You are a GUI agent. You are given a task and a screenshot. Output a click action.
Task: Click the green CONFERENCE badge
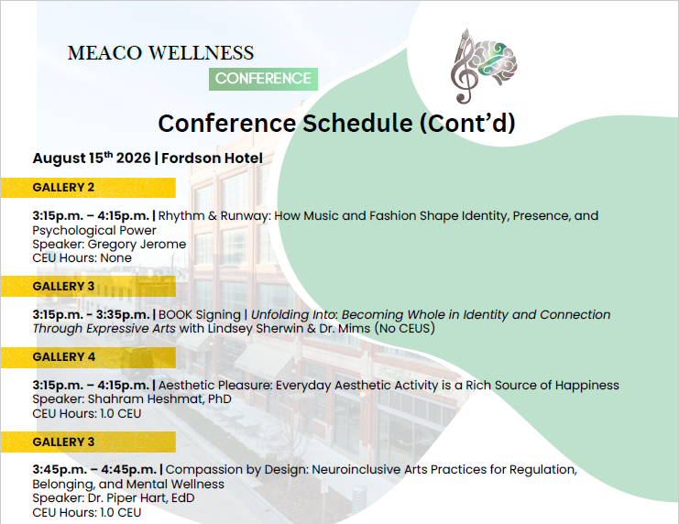[x=263, y=79]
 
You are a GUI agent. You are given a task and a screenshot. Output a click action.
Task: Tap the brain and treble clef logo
[x=484, y=66]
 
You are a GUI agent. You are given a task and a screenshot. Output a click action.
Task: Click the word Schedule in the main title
[x=357, y=123]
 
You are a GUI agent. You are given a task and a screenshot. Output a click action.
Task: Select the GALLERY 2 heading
[x=63, y=188]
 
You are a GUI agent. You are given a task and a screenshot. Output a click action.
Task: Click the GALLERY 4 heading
[x=63, y=357]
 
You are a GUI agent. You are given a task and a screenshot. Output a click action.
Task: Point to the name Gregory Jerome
[x=137, y=245]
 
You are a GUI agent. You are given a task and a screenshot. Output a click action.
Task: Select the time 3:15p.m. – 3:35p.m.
[x=91, y=315]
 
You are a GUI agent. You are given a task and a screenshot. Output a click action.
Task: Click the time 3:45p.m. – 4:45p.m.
[x=94, y=469]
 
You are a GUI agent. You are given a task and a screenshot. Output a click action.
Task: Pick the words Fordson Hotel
[x=212, y=158]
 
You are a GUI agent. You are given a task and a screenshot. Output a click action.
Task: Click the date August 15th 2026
[x=92, y=158]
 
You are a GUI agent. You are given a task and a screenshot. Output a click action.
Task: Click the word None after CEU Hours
[x=115, y=258]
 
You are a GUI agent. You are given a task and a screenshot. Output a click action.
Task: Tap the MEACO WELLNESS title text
[x=160, y=53]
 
